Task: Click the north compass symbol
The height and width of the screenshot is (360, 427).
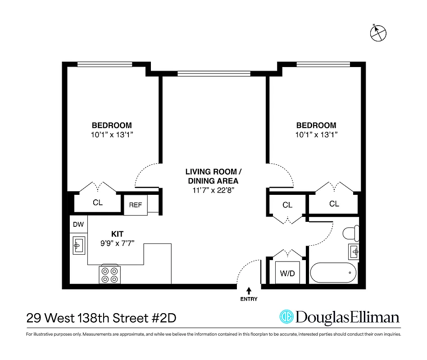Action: pyautogui.click(x=378, y=32)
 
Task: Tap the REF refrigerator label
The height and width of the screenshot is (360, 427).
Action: pyautogui.click(x=136, y=205)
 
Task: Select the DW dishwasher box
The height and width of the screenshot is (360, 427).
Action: pyautogui.click(x=78, y=224)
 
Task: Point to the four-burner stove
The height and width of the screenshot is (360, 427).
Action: pyautogui.click(x=110, y=274)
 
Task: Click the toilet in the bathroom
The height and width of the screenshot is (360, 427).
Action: pyautogui.click(x=350, y=233)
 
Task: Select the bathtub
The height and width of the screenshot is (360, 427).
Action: pyautogui.click(x=334, y=273)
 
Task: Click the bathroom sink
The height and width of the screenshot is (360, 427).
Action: pyautogui.click(x=354, y=251)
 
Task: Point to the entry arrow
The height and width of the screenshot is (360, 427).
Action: pyautogui.click(x=249, y=291)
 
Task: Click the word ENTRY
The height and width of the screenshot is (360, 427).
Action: pyautogui.click(x=249, y=299)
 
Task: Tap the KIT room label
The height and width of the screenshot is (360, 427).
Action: pyautogui.click(x=118, y=234)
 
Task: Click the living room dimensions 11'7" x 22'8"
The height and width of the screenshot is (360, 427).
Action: pyautogui.click(x=214, y=190)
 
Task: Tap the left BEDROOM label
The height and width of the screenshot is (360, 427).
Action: pyautogui.click(x=112, y=126)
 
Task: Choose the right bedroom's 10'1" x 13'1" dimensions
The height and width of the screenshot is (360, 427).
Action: pyautogui.click(x=316, y=134)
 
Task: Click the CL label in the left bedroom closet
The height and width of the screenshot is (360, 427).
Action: pyautogui.click(x=98, y=202)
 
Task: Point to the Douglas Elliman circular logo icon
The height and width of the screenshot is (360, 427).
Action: pyautogui.click(x=286, y=317)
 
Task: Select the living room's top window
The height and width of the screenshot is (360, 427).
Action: pyautogui.click(x=214, y=73)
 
